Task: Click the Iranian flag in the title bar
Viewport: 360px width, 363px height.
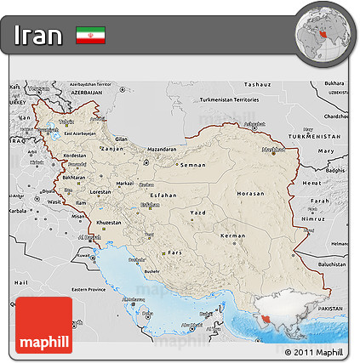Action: pos(89,36)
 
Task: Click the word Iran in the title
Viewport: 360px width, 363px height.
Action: pos(38,36)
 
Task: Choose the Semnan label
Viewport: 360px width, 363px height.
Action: pos(195,165)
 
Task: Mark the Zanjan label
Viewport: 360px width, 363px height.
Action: pos(111,149)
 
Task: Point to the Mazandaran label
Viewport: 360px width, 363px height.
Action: pos(160,150)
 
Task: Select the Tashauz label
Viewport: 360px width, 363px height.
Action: pos(256,85)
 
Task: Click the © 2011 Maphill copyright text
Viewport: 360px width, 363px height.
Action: pos(313,352)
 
